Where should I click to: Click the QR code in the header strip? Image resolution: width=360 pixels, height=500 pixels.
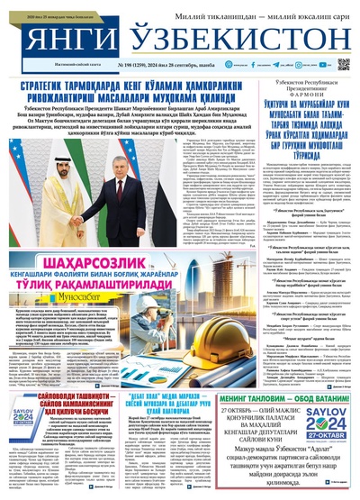point(345,64)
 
